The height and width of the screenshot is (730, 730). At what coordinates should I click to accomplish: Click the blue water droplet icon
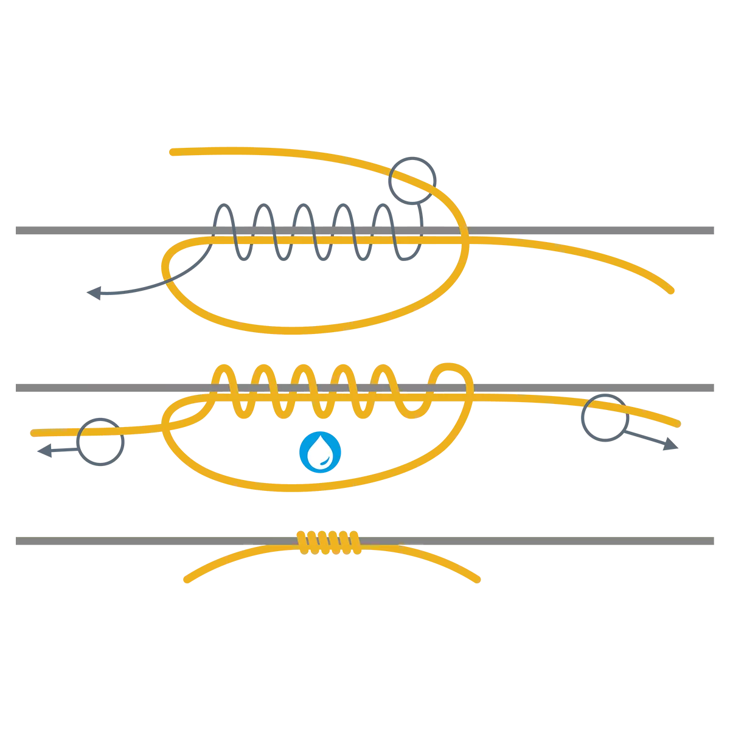(321, 452)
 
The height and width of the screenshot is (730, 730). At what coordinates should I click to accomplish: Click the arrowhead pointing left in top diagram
(93, 293)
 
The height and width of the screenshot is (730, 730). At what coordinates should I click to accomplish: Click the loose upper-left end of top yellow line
(172, 152)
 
